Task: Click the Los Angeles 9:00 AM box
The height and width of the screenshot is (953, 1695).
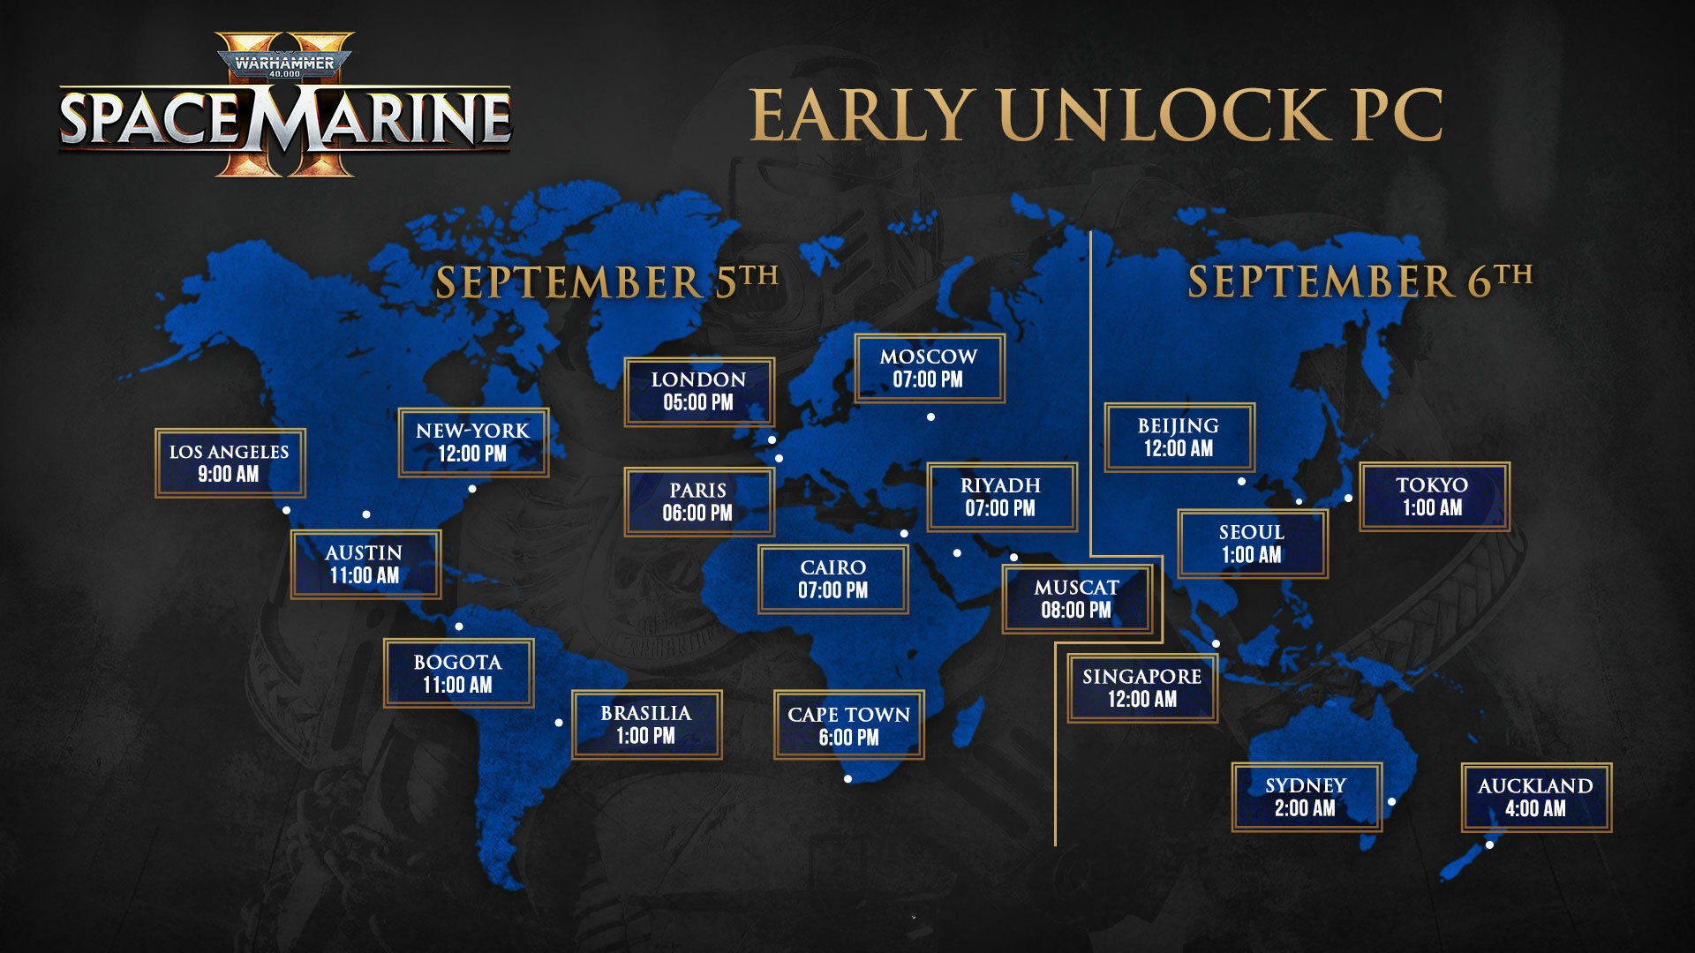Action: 230,463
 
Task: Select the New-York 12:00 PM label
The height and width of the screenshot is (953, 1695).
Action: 473,442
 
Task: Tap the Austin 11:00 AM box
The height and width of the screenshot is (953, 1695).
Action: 365,564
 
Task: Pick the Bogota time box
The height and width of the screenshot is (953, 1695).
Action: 458,673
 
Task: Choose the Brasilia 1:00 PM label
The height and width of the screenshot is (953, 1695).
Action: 646,724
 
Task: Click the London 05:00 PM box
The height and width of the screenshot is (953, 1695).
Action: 699,392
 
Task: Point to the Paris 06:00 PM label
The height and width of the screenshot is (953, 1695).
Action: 699,502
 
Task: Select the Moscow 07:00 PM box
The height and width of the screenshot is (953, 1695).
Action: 929,368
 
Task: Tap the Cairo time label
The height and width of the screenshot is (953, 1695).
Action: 832,579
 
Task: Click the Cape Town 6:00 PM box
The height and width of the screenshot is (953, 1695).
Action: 848,725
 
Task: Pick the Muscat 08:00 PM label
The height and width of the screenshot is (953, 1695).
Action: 1077,599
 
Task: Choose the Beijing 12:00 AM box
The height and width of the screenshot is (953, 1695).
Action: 1179,438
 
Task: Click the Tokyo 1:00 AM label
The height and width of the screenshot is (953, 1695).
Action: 1434,497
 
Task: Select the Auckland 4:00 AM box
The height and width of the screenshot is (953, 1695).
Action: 1536,798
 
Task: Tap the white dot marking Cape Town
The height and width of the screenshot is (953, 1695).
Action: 847,779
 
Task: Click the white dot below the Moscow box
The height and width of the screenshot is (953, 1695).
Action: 930,417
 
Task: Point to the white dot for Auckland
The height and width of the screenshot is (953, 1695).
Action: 1489,845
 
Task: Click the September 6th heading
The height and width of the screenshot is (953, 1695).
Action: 1360,281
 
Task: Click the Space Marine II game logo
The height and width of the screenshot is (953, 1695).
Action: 285,106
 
